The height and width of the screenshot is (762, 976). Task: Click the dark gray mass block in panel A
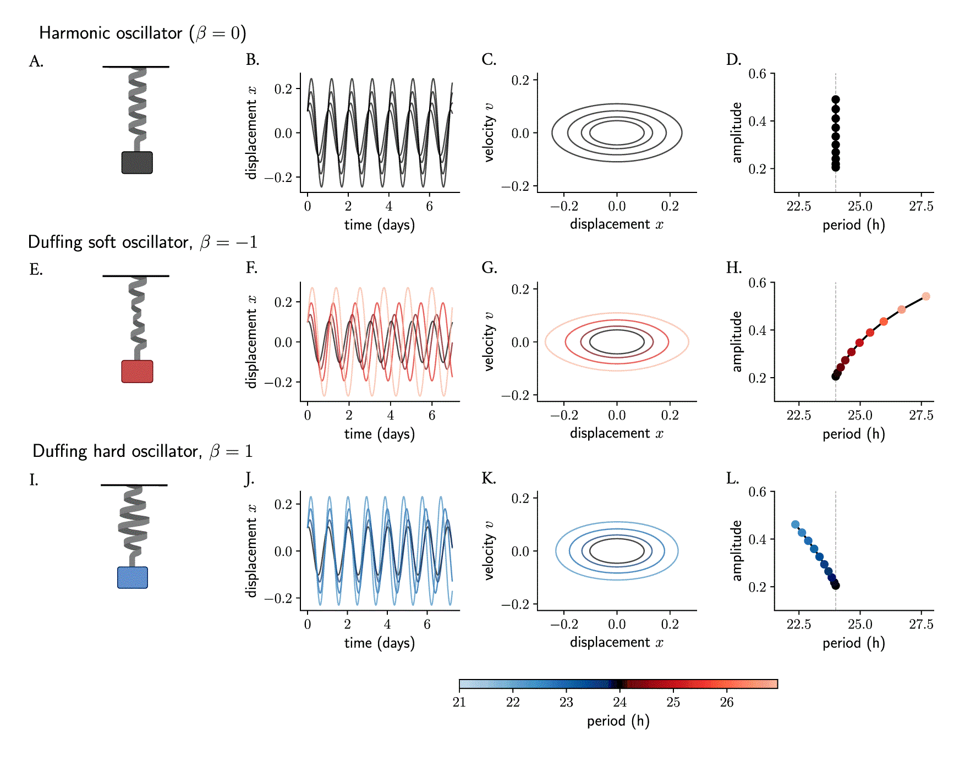(x=137, y=163)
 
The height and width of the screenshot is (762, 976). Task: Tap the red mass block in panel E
(x=137, y=372)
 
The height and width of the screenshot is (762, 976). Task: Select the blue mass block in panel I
(x=133, y=578)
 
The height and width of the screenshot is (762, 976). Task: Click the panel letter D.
(x=733, y=59)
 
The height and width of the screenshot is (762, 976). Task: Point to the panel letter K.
(x=489, y=478)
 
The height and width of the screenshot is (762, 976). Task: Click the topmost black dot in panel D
(x=836, y=100)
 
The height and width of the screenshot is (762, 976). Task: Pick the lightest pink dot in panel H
(x=926, y=296)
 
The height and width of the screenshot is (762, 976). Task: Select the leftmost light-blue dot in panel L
(x=795, y=524)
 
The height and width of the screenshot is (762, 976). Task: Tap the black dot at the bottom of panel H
(x=836, y=376)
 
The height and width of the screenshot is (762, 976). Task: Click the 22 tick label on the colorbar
(x=513, y=702)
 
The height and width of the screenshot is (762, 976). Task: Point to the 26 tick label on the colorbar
(x=727, y=702)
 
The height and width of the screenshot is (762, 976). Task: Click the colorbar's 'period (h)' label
(x=618, y=721)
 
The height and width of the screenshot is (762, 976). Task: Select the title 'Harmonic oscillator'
(x=111, y=33)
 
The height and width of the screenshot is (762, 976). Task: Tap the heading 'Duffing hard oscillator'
(x=116, y=451)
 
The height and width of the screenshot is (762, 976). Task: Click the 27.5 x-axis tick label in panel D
(x=921, y=206)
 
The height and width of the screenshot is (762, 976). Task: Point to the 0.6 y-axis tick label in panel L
(x=757, y=492)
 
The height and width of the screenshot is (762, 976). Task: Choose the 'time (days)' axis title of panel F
(x=380, y=434)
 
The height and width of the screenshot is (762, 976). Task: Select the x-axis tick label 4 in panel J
(x=387, y=625)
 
